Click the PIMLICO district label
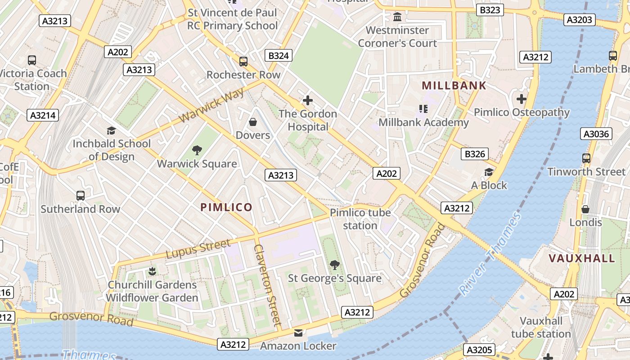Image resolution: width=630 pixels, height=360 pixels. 226,207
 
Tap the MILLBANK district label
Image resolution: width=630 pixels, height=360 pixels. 454,85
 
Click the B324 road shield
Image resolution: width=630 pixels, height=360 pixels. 279,56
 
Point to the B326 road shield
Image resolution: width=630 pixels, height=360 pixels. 475,154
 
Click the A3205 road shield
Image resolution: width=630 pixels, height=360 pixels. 480,350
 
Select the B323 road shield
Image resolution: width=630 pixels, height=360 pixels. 490,10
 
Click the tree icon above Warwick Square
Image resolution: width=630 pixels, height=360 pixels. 197,150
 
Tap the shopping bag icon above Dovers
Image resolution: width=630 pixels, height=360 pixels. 253,122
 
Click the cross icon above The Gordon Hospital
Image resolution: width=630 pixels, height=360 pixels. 308,100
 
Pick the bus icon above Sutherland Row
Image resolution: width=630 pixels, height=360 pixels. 81,196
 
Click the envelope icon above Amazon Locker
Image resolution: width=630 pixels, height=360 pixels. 298,333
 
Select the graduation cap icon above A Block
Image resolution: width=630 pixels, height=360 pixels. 489,172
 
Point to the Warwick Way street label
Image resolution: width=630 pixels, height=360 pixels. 211,105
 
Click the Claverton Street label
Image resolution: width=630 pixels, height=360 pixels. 268,285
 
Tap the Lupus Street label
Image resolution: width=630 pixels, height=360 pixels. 198,249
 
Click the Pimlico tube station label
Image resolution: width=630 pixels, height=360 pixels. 360,219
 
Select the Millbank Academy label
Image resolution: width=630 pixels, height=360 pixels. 423,122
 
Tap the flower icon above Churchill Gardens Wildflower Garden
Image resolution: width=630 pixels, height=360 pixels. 152,271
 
